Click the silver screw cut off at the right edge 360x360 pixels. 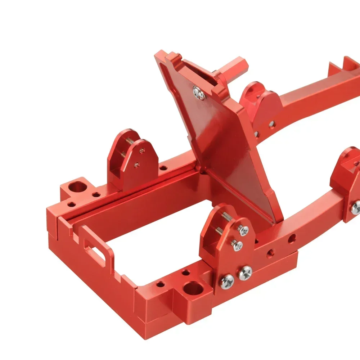click(356, 206)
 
